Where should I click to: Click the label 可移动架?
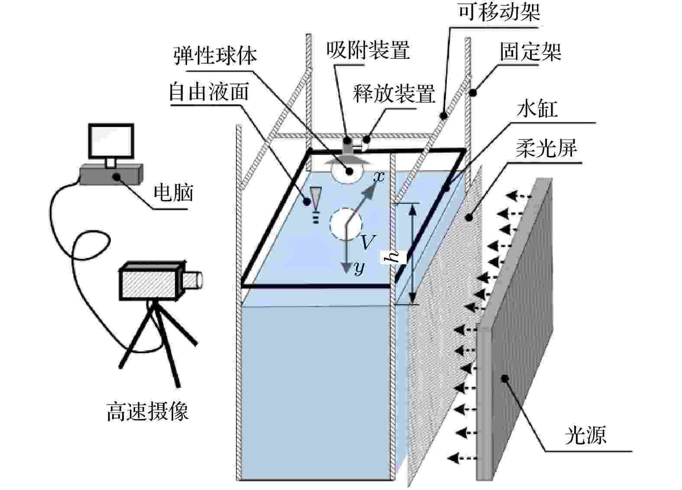coord(499,12)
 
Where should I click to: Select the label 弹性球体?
coord(215,55)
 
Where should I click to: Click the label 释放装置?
coord(394,93)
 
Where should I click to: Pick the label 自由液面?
coord(209,92)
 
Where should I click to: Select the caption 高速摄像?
coord(148,411)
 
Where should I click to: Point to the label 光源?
coord(585,435)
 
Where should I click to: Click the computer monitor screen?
coord(110,142)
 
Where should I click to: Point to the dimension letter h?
coord(394,257)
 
